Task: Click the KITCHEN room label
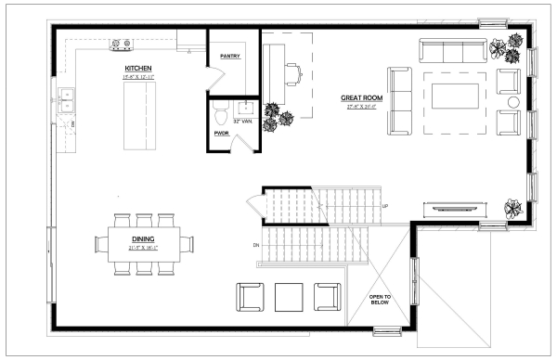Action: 138,69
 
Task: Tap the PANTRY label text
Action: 231,57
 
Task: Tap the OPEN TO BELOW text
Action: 382,300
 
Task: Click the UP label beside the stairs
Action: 384,205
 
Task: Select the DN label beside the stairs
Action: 256,245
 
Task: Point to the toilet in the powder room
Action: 219,116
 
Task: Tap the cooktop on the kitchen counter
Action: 121,42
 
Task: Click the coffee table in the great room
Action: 454,94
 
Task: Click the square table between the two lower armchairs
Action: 289,297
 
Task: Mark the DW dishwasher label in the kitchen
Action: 73,122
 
